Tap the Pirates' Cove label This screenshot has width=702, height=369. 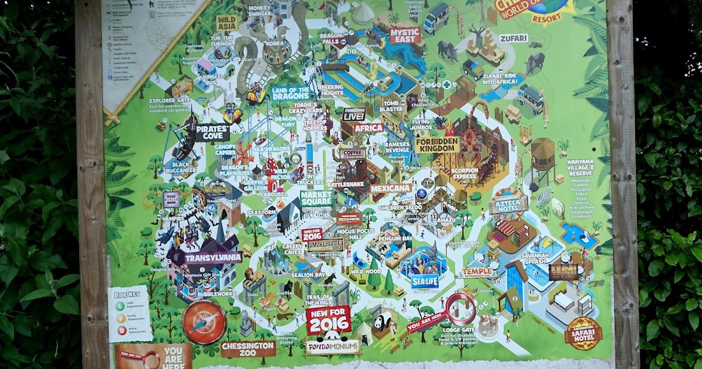(212, 132)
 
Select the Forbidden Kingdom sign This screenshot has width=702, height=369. (438, 144)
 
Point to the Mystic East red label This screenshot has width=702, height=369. (405, 35)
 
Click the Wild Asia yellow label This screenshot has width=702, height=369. (228, 23)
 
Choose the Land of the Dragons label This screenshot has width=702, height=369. (290, 93)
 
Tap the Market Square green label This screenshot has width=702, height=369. (316, 198)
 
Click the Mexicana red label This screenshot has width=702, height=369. (391, 189)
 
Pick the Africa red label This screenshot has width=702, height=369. (369, 128)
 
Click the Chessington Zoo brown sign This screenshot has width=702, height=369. (248, 349)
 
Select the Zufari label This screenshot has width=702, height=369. (513, 39)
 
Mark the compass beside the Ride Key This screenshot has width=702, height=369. (204, 322)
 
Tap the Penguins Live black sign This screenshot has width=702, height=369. (354, 114)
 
